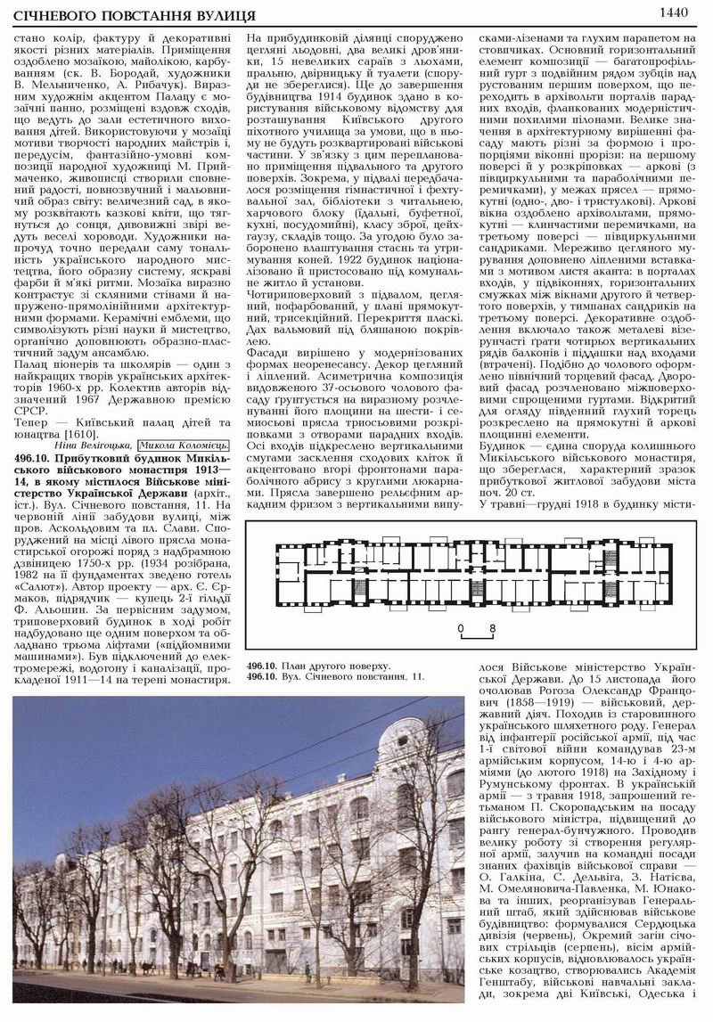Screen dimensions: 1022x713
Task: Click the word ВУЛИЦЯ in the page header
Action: [x=215, y=16]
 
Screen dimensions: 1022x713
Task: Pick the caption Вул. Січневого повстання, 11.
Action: [x=350, y=676]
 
